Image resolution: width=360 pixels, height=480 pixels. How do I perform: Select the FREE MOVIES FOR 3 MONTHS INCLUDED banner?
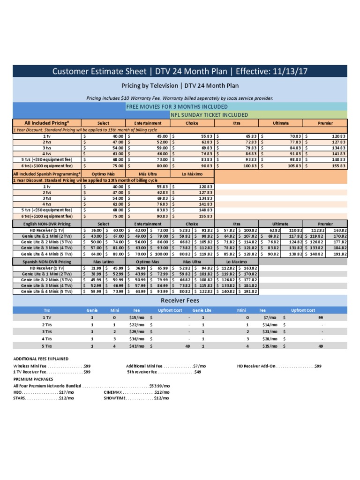[177, 106]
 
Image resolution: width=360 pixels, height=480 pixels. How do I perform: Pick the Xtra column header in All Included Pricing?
[236, 123]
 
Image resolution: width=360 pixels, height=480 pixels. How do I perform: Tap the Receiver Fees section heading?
[180, 300]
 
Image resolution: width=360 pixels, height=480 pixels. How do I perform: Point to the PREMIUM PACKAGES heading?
[33, 379]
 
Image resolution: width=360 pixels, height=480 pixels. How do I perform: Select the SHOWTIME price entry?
[136, 398]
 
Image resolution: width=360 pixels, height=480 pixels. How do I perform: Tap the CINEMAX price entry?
[136, 391]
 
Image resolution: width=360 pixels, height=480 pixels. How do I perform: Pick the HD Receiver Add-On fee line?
[279, 366]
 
